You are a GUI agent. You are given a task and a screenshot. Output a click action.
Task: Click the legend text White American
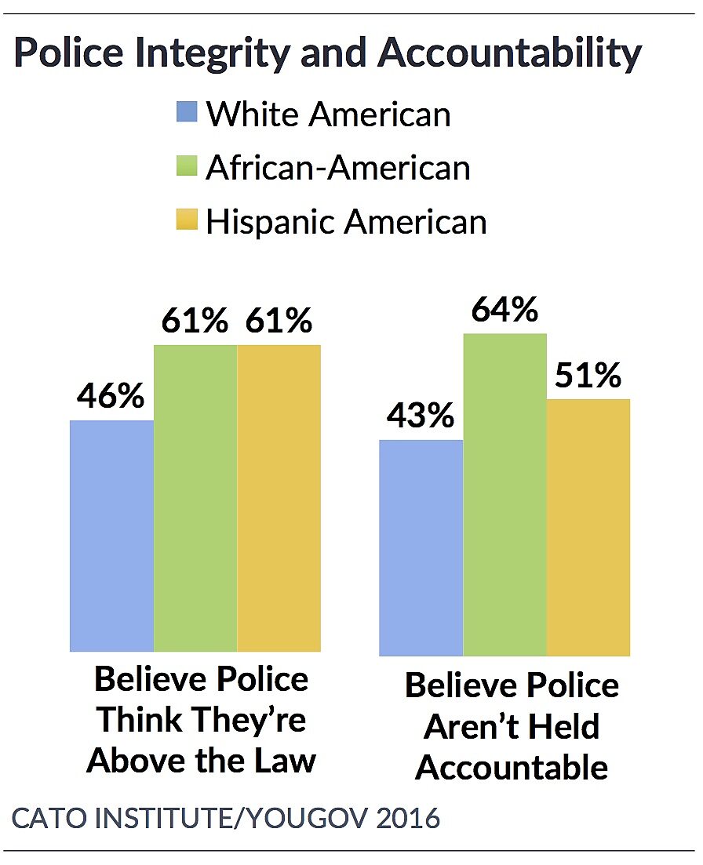click(x=328, y=114)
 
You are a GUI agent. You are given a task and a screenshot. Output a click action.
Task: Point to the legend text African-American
click(x=337, y=168)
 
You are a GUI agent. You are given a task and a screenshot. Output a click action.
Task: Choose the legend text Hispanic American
click(x=346, y=221)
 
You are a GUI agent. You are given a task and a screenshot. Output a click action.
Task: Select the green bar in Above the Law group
click(x=195, y=498)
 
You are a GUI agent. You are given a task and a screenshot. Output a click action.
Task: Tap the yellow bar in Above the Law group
click(x=279, y=498)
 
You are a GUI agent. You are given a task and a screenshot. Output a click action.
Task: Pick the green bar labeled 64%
click(x=504, y=494)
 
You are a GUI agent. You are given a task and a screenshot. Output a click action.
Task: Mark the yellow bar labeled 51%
click(x=588, y=527)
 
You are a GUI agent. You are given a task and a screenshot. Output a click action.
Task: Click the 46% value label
click(x=110, y=396)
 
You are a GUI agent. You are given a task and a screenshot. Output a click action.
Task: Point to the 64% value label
click(x=504, y=311)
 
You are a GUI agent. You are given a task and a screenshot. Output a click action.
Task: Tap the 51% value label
click(x=588, y=377)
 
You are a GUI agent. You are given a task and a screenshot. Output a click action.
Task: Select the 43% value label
click(x=420, y=416)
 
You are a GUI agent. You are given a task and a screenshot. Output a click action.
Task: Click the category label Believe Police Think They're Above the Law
click(x=202, y=720)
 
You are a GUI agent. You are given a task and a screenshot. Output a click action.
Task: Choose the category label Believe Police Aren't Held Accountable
click(x=512, y=726)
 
